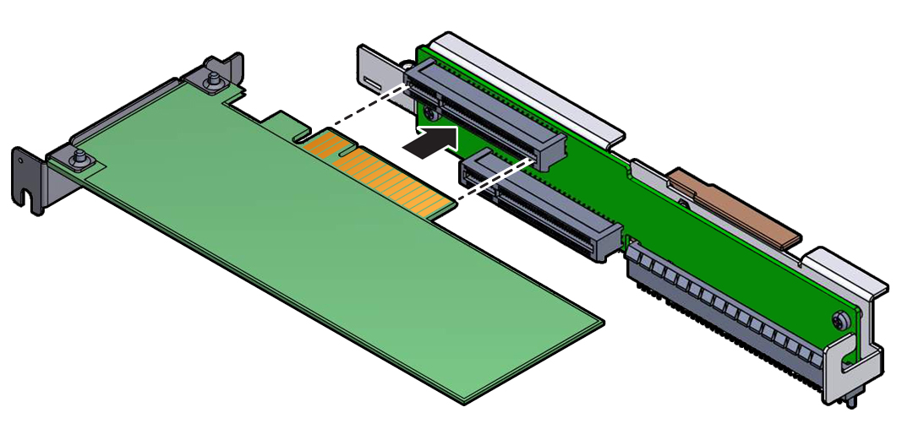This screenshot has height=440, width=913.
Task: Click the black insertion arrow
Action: [x=433, y=141]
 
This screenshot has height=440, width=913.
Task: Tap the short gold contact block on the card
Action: [x=325, y=144]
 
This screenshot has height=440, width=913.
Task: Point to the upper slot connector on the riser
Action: [x=482, y=114]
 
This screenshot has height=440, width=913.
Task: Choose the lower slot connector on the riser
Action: [x=541, y=207]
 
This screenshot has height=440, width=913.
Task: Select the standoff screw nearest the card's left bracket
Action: [x=78, y=158]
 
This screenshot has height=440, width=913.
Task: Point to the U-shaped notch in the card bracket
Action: [x=30, y=202]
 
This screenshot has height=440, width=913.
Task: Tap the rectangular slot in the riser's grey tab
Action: [x=372, y=82]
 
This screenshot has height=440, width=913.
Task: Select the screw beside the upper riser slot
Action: [x=431, y=111]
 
